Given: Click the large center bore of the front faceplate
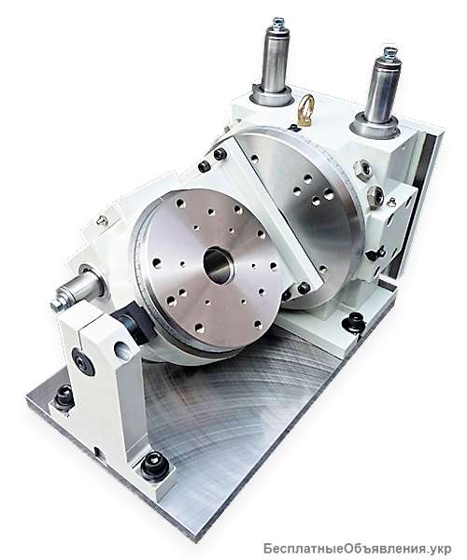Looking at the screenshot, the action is [219, 264].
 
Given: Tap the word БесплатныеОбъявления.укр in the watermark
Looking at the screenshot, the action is [358, 548].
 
